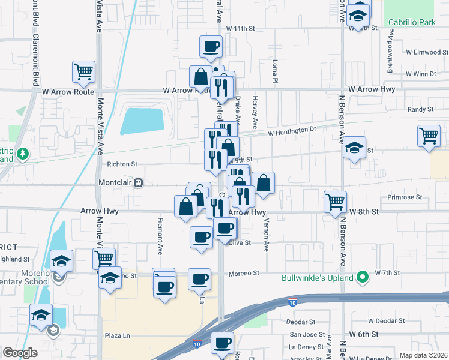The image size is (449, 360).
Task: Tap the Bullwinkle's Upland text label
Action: [x=318, y=278]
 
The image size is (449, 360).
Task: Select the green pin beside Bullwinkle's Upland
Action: [x=363, y=278]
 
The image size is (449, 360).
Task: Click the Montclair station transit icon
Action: [x=139, y=182]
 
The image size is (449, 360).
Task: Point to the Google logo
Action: [x=20, y=353]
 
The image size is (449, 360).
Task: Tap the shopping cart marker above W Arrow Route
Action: [x=83, y=71]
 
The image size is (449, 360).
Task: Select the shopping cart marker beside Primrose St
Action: [x=335, y=202]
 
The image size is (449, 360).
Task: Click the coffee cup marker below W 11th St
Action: [x=211, y=46]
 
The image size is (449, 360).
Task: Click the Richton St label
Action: [x=122, y=163]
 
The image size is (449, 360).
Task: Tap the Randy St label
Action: [x=420, y=109]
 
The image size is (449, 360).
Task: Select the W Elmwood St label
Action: [x=424, y=52]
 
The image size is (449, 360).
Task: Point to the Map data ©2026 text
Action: [x=423, y=355]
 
